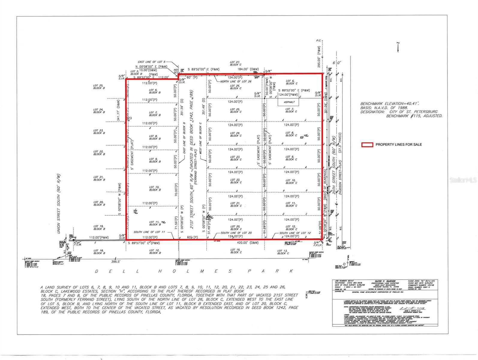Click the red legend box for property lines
(x=367, y=145)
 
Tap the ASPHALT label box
(x=289, y=102)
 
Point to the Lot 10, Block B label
(x=155, y=188)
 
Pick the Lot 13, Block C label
(x=283, y=252)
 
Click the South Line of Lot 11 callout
(x=149, y=232)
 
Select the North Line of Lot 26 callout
(x=234, y=82)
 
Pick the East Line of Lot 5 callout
(x=151, y=61)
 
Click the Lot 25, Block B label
(x=99, y=87)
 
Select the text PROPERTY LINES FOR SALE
(x=399, y=145)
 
